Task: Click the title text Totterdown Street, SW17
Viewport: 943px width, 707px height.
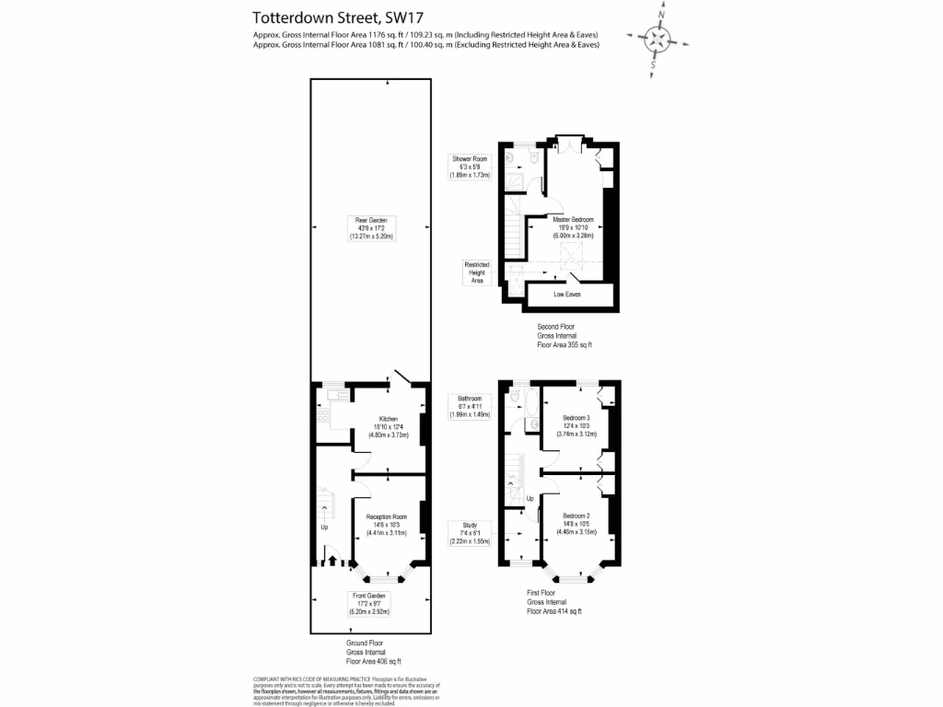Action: click(x=328, y=17)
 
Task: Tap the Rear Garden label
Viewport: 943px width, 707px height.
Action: click(x=370, y=227)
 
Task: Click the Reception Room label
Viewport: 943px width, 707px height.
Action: click(x=386, y=524)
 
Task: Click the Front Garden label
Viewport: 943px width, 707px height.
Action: click(x=370, y=603)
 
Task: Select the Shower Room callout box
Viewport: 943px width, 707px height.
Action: click(x=470, y=166)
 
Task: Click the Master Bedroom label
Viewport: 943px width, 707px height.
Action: click(x=573, y=227)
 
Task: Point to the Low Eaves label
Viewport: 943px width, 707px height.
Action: click(x=567, y=295)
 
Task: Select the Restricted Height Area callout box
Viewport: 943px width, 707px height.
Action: click(x=477, y=272)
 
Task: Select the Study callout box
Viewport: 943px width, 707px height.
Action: click(x=469, y=535)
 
